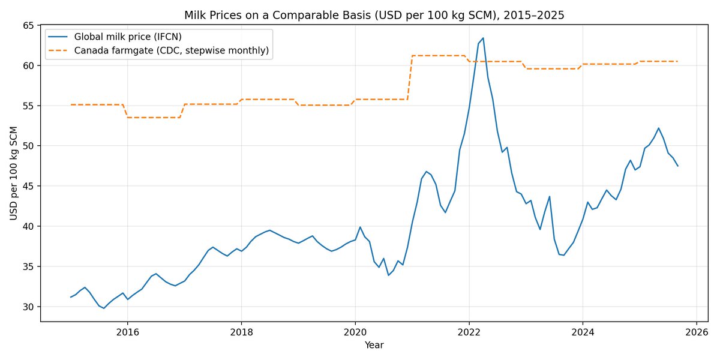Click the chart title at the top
coord(374,15)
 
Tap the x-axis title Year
coord(374,345)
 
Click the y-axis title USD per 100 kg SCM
coord(13,173)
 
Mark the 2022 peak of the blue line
coord(483,38)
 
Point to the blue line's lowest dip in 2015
coord(104,308)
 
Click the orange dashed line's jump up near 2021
coord(410,77)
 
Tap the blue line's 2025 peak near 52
coord(659,128)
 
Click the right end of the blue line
coord(678,166)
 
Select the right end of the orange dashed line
coord(678,61)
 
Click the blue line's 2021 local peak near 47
coord(426,172)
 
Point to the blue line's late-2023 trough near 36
coord(563,255)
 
